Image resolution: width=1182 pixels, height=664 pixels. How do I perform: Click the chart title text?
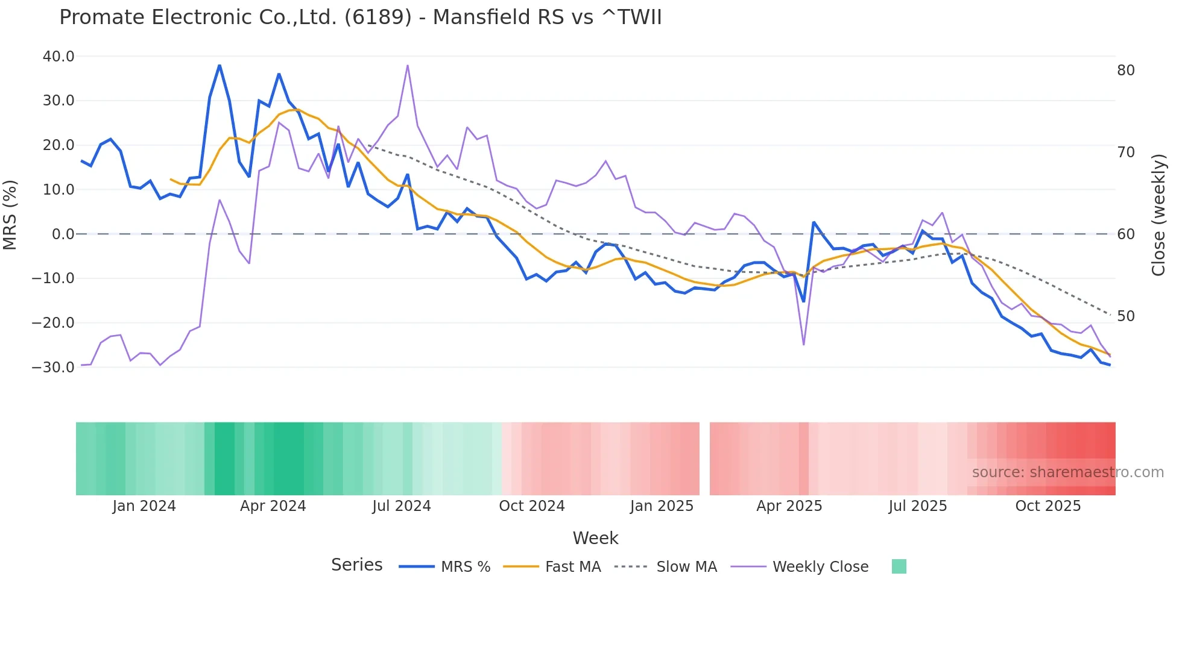360,17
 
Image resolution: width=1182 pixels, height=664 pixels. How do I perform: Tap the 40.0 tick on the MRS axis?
58,57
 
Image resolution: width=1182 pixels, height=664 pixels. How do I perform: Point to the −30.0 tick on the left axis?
53,367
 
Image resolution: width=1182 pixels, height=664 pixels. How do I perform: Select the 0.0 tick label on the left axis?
63,234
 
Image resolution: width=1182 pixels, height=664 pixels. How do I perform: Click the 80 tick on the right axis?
1125,70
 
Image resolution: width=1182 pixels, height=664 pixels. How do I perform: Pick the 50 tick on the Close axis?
1125,316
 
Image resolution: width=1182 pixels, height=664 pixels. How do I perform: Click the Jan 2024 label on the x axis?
144,506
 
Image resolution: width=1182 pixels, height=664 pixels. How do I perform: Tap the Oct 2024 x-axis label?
531,506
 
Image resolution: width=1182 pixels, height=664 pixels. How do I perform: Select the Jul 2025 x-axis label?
917,506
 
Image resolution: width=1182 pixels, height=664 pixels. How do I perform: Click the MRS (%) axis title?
10,215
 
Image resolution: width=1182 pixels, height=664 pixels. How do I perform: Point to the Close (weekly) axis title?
1158,215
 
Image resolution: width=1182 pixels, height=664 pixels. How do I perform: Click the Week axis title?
595,538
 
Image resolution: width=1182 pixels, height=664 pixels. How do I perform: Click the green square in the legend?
899,566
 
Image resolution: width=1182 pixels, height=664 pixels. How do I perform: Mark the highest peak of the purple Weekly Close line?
408,65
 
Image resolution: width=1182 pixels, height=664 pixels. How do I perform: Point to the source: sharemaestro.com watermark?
1067,472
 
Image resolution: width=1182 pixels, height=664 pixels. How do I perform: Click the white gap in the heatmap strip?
704,459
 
